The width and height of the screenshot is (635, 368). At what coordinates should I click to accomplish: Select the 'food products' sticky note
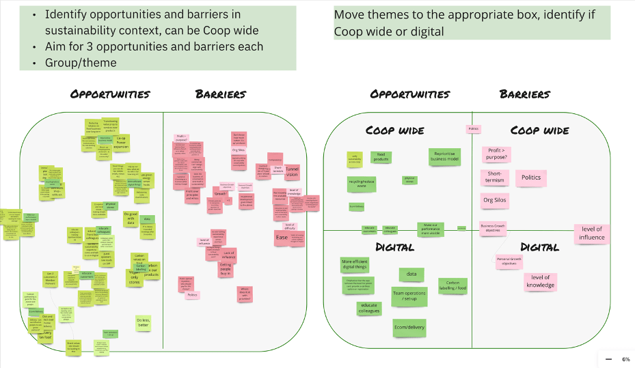(x=381, y=158)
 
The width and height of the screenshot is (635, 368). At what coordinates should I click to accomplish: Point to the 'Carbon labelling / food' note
(x=452, y=285)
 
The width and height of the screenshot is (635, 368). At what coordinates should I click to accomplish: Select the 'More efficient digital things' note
(x=355, y=265)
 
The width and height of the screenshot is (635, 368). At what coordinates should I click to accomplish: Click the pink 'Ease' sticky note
(x=282, y=237)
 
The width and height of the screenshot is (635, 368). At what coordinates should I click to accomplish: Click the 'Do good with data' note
(x=131, y=218)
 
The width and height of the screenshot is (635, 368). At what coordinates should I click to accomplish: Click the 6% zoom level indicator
(x=625, y=359)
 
